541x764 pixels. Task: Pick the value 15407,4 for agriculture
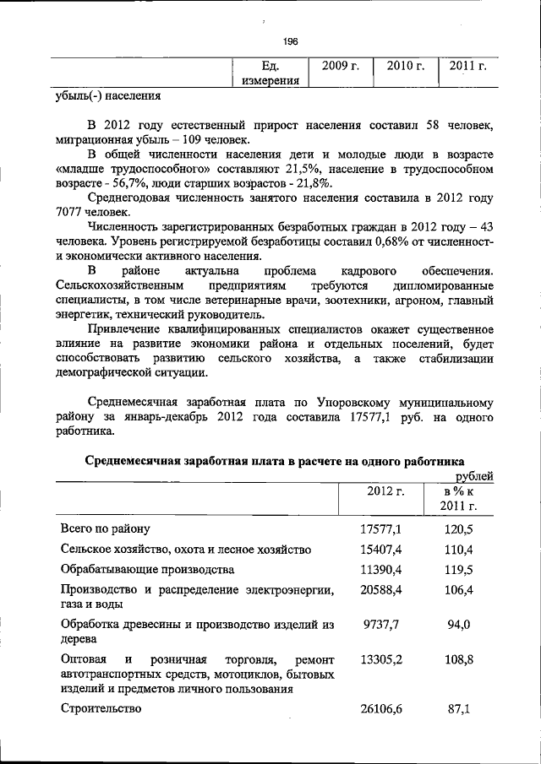pyautogui.click(x=380, y=549)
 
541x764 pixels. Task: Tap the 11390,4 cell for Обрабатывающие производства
pyautogui.click(x=380, y=569)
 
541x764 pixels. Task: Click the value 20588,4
pyautogui.click(x=380, y=589)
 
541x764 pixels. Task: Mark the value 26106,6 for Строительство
pyautogui.click(x=380, y=710)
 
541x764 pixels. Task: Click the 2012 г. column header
pyautogui.click(x=385, y=490)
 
